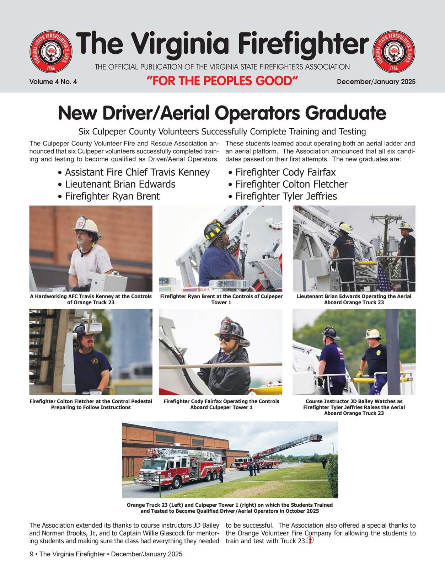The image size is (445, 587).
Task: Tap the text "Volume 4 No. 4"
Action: tap(53, 82)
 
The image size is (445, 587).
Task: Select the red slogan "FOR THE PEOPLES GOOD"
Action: tap(222, 81)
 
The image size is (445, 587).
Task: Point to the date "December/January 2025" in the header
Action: tap(376, 82)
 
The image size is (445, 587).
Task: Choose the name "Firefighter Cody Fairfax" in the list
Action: tap(285, 172)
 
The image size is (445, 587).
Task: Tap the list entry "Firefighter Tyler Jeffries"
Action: tap(286, 196)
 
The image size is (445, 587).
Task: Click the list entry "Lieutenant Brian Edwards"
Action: tap(120, 184)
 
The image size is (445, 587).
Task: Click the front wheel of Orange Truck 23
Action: tap(176, 482)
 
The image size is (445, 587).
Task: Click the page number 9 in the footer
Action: tap(32, 554)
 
